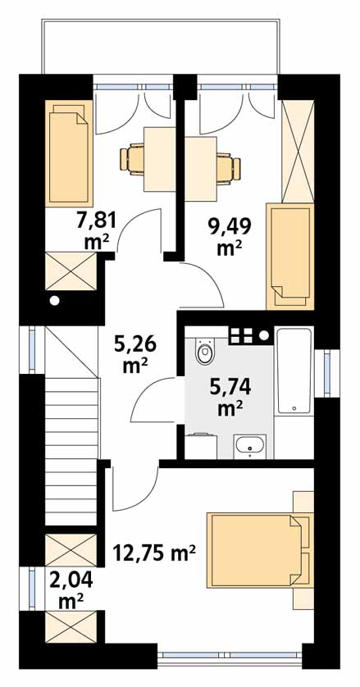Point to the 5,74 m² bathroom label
pyautogui.click(x=230, y=398)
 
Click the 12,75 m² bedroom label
pyautogui.click(x=154, y=553)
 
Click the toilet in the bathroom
pyautogui.click(x=205, y=352)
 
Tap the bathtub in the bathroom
pyautogui.click(x=294, y=371)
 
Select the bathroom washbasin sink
pyautogui.click(x=249, y=447)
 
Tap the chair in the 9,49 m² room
pyautogui.click(x=229, y=166)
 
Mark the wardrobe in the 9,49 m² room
pyautogui.click(x=298, y=151)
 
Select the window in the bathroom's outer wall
pyautogui.click(x=328, y=374)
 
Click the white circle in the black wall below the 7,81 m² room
pyautogui.click(x=55, y=301)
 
